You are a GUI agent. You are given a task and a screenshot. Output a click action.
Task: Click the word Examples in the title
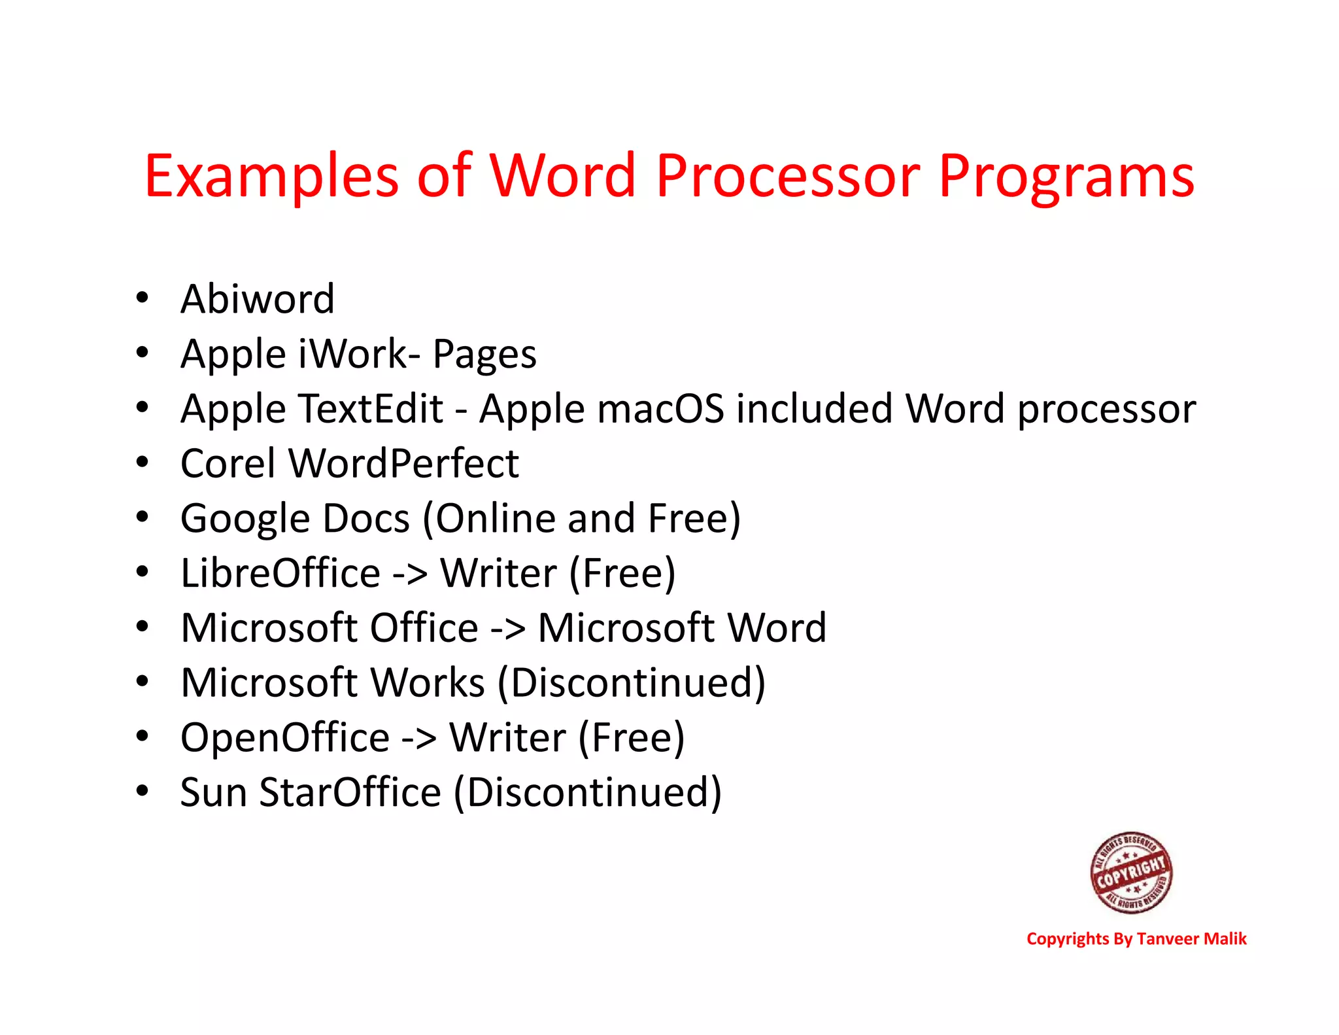click(x=271, y=177)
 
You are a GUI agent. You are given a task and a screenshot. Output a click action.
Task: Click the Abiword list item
click(x=257, y=299)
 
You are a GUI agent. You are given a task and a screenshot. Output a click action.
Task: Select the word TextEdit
click(x=371, y=409)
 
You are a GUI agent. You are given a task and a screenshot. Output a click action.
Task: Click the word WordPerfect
click(x=404, y=464)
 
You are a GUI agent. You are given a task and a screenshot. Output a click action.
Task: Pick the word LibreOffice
click(x=280, y=573)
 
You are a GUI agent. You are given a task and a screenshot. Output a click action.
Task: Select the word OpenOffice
click(x=285, y=739)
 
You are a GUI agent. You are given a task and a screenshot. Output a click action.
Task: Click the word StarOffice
click(x=350, y=792)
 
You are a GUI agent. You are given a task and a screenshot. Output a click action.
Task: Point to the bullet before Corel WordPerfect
click(x=143, y=463)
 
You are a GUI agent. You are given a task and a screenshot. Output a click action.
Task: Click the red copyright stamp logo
click(x=1131, y=872)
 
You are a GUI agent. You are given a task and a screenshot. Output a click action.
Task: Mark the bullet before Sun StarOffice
click(x=143, y=791)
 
